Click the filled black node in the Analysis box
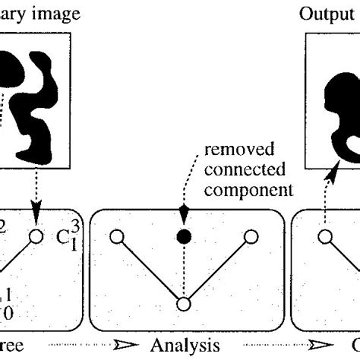point(182,237)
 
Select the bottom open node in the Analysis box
point(182,304)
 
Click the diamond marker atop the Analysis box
point(182,210)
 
